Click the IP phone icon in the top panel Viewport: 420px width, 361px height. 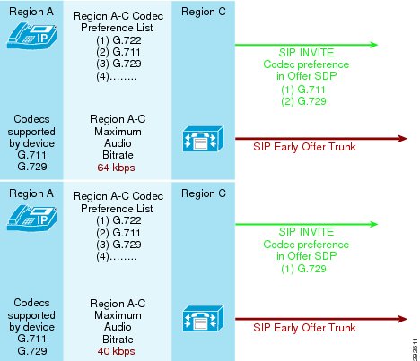tap(31, 37)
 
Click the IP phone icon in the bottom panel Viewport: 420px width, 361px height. tap(31, 218)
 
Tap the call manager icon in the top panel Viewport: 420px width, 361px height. tap(203, 139)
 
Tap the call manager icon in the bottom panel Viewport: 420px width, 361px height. tap(203, 318)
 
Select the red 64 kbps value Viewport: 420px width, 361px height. tap(116, 168)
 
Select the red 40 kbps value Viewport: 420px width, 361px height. tap(116, 351)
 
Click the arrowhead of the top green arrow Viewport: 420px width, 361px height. tap(374, 45)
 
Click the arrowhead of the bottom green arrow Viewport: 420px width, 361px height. tap(374, 224)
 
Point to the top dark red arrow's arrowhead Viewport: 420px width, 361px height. tap(403, 139)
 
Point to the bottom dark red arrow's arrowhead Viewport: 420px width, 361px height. tap(403, 319)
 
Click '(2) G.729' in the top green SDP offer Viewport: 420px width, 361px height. tap(303, 101)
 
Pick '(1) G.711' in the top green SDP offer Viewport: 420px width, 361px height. tap(303, 90)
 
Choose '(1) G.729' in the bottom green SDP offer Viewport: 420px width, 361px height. tap(303, 269)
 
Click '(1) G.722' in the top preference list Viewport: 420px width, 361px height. tap(118, 40)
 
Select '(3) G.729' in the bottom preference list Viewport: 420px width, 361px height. tap(118, 245)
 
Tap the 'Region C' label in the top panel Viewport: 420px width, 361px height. tap(204, 12)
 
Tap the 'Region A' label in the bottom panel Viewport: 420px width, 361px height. tap(31, 193)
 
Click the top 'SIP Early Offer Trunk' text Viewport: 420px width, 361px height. tap(304, 147)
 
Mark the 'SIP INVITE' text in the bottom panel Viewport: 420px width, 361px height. tap(306, 232)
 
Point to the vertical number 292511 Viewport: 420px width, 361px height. tap(416, 349)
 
